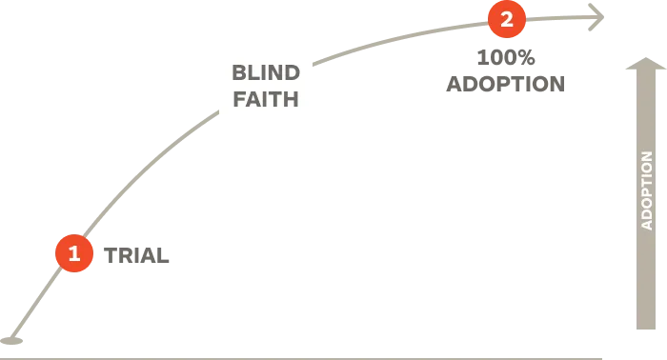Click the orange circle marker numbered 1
click(x=74, y=253)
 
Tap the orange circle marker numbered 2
click(x=507, y=19)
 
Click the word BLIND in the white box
click(x=266, y=72)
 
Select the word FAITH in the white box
click(x=266, y=98)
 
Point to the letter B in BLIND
click(x=238, y=72)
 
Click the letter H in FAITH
click(x=292, y=98)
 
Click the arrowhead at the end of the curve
click(x=599, y=16)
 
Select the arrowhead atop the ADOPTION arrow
click(x=645, y=65)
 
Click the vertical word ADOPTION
click(x=646, y=190)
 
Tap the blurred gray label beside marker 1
click(x=138, y=254)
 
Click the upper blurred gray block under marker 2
click(x=505, y=57)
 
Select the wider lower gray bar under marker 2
click(x=503, y=84)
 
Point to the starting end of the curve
click(x=10, y=340)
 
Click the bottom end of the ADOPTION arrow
click(x=645, y=329)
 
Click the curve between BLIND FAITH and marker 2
click(x=400, y=39)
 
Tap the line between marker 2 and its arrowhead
click(x=557, y=17)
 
